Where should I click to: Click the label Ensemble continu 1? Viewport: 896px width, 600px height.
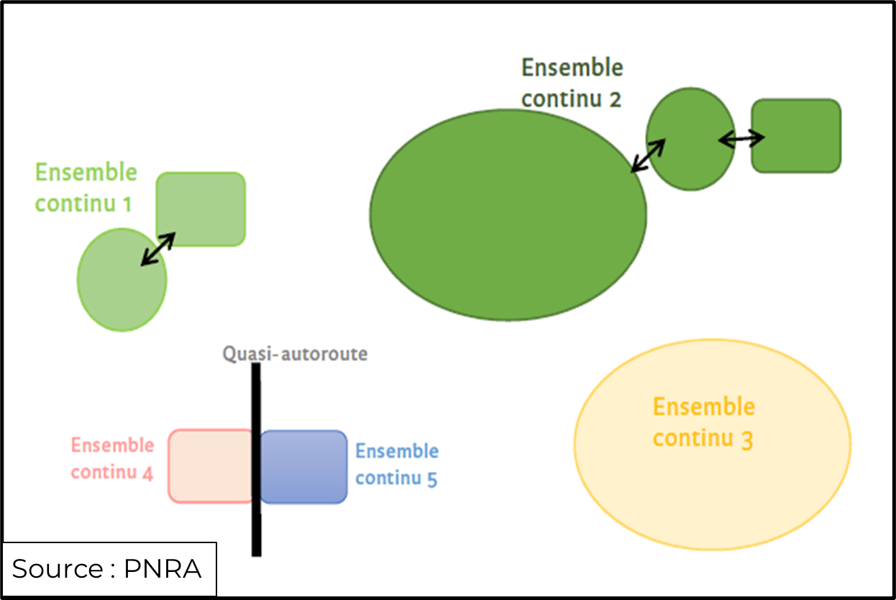tap(86, 188)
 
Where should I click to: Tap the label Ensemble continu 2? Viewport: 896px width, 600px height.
tap(572, 83)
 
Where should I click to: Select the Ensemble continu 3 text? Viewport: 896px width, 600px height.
tap(703, 422)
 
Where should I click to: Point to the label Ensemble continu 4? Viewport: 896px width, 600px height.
tap(112, 459)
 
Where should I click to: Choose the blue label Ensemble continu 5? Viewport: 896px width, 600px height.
tap(397, 465)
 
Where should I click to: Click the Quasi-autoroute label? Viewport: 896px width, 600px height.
tap(295, 354)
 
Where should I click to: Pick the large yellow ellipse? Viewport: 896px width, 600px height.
tap(712, 489)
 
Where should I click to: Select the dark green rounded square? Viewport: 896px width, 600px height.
tap(796, 136)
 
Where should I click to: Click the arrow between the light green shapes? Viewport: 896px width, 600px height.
tap(157, 250)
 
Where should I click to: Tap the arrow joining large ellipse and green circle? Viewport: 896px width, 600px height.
tap(648, 155)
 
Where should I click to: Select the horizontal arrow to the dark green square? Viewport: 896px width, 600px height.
tap(741, 140)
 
